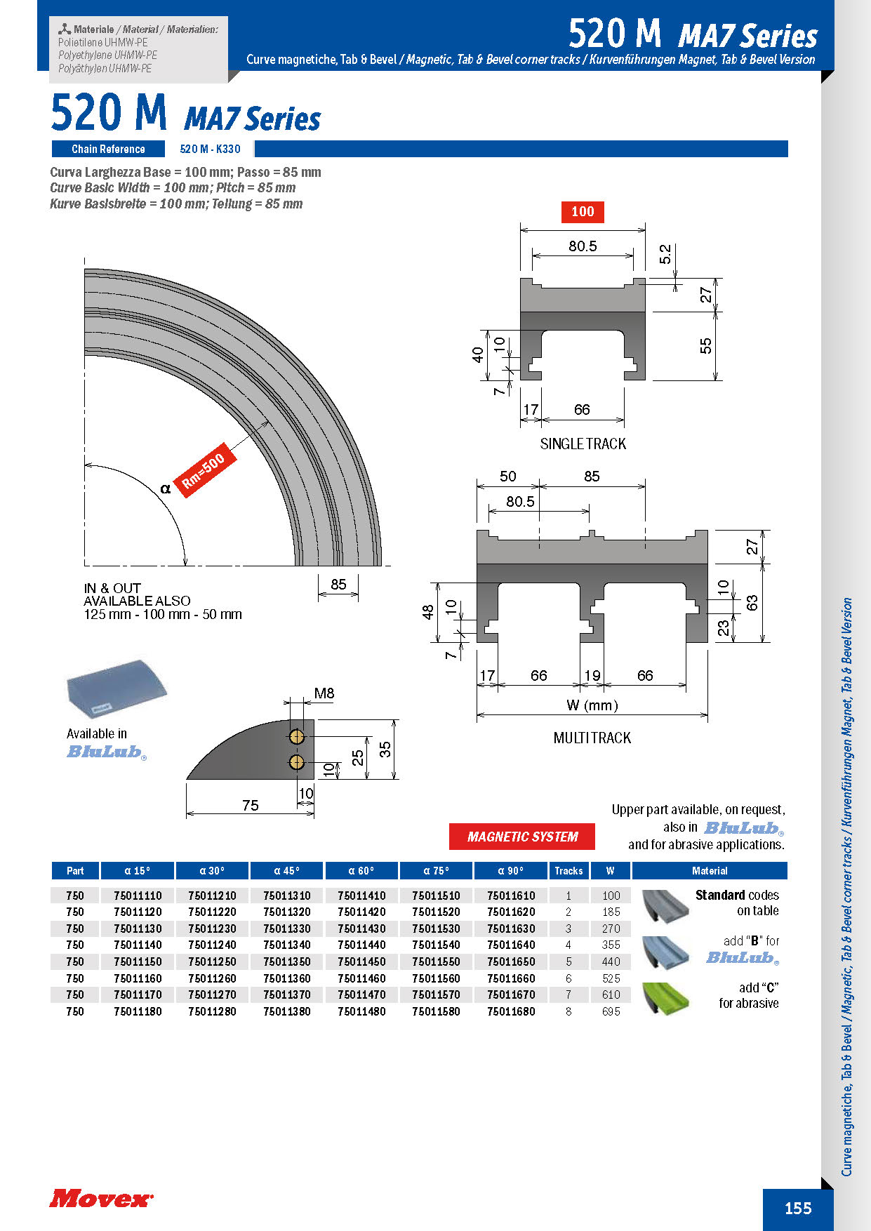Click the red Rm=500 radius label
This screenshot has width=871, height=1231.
[204, 470]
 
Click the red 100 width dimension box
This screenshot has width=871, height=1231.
[583, 211]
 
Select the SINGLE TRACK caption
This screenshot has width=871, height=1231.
[583, 444]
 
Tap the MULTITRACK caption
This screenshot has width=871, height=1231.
[592, 738]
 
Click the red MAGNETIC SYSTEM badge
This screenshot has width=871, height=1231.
[522, 837]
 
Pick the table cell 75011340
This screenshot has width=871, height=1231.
[286, 945]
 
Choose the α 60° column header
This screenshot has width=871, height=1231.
[361, 871]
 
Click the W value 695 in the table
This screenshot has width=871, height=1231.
[611, 1011]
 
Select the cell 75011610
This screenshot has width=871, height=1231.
[511, 896]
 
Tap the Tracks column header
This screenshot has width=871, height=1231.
[569, 871]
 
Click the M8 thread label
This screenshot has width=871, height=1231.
[324, 693]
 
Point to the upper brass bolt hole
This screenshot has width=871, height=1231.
[297, 736]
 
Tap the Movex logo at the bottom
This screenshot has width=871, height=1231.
[100, 1199]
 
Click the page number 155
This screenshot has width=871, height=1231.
[798, 1208]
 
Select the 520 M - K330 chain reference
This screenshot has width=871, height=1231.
[210, 149]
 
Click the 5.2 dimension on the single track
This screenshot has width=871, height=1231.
[665, 254]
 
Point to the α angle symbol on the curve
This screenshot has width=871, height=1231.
[166, 488]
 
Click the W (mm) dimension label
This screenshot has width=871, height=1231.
[592, 705]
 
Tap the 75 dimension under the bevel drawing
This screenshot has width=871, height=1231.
[250, 805]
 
